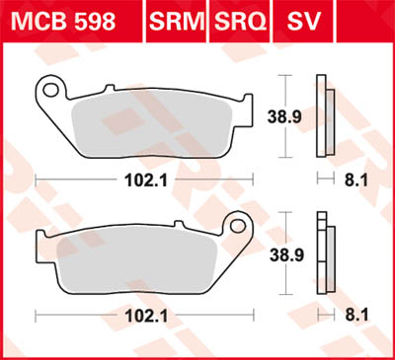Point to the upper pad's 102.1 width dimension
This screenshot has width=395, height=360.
click(141, 180)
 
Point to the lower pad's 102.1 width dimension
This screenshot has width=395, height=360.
click(141, 317)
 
